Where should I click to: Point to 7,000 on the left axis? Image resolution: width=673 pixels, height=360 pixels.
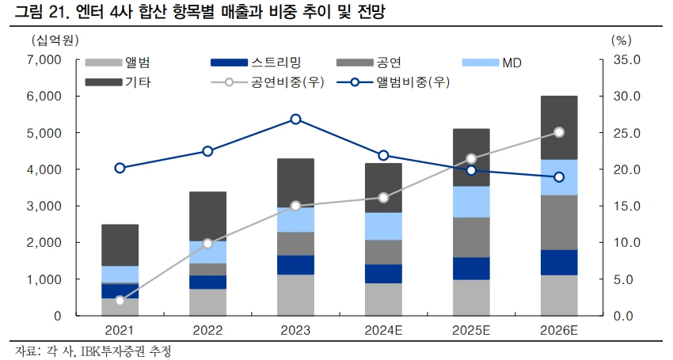tap(45, 60)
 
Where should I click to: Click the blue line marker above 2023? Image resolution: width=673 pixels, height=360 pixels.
tap(295, 119)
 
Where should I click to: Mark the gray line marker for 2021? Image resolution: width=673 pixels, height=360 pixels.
tap(120, 301)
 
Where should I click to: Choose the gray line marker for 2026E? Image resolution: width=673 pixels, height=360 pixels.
tap(559, 132)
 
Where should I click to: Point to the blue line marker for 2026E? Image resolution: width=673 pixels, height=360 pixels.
tap(559, 177)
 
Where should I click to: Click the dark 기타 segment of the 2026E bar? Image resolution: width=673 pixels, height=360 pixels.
tap(559, 127)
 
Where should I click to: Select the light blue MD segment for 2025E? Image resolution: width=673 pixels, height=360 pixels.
tap(471, 202)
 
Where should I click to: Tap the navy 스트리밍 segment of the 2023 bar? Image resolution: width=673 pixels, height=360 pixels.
tap(295, 265)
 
